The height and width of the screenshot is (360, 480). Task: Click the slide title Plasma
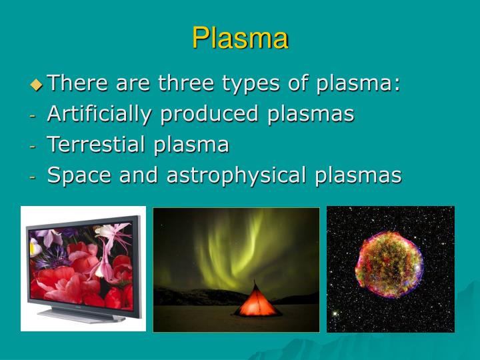pos(240,38)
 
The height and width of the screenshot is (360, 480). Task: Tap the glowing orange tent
pos(257,301)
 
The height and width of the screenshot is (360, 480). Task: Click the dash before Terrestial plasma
pos(33,145)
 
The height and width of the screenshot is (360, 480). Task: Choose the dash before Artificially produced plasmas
pos(33,115)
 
